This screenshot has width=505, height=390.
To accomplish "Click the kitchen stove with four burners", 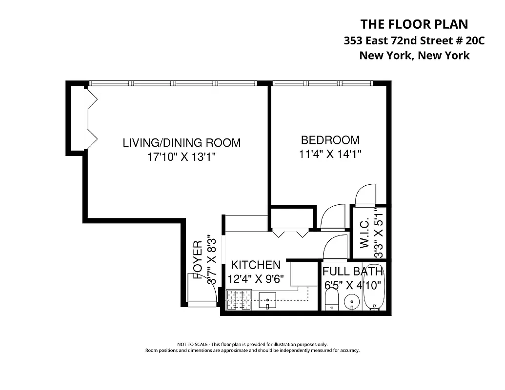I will point(239,300).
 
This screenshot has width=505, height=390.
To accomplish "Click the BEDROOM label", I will point(330,140).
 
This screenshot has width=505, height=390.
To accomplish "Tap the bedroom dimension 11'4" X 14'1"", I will point(330,155).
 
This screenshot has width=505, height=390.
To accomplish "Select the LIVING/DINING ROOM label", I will point(182,143).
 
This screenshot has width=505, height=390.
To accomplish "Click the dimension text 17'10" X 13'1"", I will point(182,157).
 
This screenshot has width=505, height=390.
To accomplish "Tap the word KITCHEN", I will point(256,265).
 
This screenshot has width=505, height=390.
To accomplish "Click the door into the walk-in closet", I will point(364,195).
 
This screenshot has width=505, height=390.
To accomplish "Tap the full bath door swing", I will point(335,248).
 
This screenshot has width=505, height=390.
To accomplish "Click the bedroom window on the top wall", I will point(322,83).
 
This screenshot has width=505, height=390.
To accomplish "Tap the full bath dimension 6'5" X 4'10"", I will point(355,285).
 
